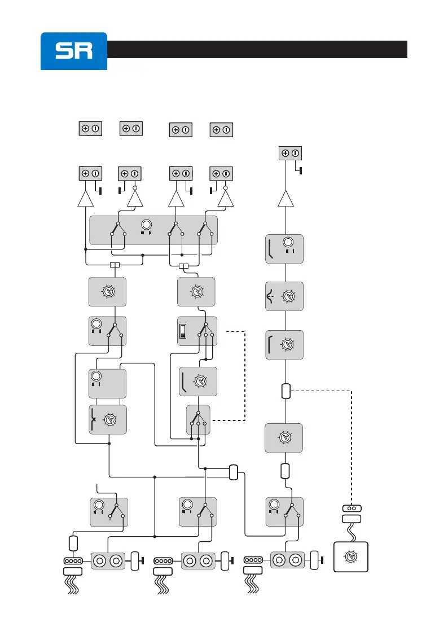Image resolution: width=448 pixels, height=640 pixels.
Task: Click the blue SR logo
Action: point(73,51)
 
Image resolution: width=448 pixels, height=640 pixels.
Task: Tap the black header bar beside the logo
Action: point(257,49)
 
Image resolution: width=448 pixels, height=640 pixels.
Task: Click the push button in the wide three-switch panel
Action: point(147,223)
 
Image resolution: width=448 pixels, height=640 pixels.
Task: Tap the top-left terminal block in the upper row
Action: point(90,128)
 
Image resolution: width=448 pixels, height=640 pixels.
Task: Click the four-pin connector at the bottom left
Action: point(72,561)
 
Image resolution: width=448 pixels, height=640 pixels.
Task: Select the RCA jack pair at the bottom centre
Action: point(199,561)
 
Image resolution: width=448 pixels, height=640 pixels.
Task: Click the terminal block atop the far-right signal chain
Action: point(290,153)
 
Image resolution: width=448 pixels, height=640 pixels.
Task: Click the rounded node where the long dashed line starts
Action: point(286,390)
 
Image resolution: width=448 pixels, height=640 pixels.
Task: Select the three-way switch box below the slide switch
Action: point(198,420)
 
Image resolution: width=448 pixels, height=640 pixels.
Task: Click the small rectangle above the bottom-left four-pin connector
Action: point(72,543)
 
